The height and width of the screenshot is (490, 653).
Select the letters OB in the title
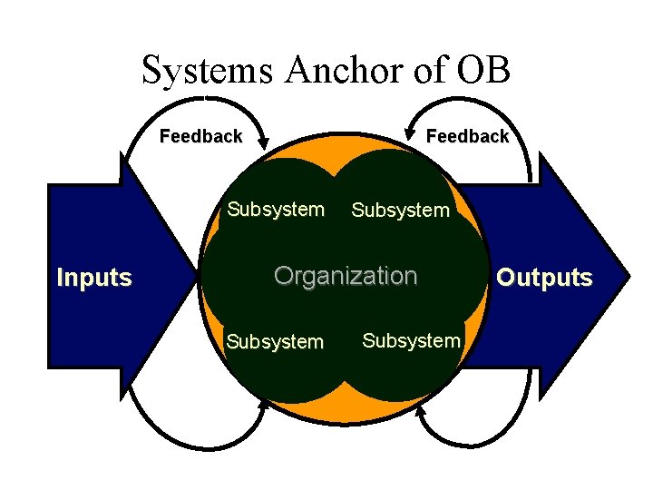click(482, 70)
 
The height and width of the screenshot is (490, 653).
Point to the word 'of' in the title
click(428, 70)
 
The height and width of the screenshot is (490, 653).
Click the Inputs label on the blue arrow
click(94, 278)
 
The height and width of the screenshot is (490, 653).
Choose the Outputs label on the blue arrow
click(545, 278)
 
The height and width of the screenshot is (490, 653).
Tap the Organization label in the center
click(346, 275)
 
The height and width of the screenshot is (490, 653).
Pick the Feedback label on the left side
click(201, 137)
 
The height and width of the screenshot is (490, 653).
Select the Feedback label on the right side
click(467, 136)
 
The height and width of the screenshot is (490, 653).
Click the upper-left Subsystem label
click(276, 210)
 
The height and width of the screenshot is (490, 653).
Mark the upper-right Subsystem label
click(400, 211)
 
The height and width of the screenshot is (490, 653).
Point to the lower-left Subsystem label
click(275, 342)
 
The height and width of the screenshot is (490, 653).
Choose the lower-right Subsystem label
click(411, 340)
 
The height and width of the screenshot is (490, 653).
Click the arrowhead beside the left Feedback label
click(263, 141)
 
